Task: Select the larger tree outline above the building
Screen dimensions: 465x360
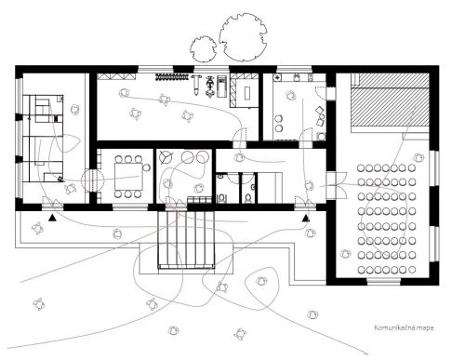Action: (243, 37)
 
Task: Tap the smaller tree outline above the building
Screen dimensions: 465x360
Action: (204, 49)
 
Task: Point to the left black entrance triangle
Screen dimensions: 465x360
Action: (52, 218)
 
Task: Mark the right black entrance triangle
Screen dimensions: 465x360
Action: (306, 218)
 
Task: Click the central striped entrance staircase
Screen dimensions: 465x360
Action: (186, 239)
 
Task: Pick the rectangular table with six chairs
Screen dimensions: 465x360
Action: (128, 177)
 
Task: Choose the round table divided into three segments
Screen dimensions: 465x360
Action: (165, 157)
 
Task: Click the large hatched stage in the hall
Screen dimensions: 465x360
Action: (390, 103)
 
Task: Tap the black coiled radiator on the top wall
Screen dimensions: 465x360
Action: (172, 76)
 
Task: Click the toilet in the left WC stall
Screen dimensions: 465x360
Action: (221, 198)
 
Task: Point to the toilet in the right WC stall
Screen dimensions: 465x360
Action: (248, 198)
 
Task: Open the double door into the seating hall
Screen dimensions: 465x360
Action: (338, 185)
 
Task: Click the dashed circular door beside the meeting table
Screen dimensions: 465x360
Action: (92, 180)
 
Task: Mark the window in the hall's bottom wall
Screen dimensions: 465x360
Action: (383, 282)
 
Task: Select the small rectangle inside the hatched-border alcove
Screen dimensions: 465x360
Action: (247, 93)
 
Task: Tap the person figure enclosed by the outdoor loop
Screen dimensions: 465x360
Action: (261, 281)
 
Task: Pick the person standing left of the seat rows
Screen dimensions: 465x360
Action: (345, 254)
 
